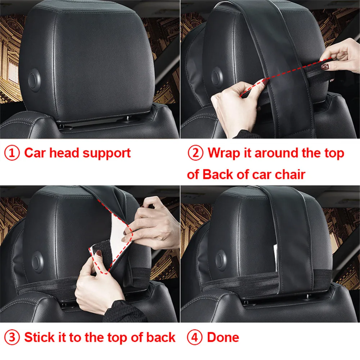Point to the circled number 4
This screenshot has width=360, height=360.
coord(195,337)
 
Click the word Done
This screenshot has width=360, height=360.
coord(223,337)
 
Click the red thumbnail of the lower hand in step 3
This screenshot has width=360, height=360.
coord(98,256)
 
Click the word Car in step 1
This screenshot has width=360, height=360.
coord(35,153)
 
